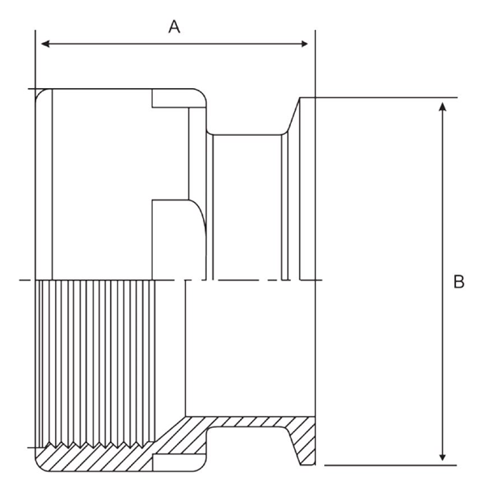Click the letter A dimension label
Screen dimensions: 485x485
(174, 26)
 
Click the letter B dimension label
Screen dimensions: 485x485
(458, 282)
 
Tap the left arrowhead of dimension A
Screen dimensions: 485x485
(44, 43)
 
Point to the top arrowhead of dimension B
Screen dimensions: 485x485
(442, 108)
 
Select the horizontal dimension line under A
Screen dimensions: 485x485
(174, 43)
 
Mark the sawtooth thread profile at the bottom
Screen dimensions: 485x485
(105, 448)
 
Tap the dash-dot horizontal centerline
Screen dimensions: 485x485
(242, 280)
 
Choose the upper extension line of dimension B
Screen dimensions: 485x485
(388, 98)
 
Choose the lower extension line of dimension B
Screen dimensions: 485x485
(388, 465)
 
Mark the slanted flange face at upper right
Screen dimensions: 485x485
(293, 113)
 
